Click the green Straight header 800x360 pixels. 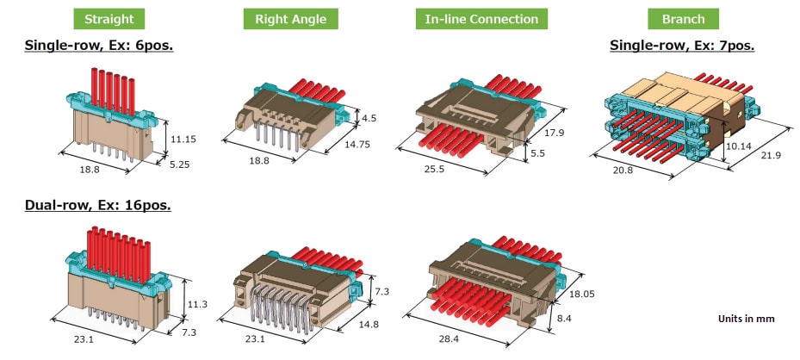(109, 19)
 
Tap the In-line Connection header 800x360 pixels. (481, 19)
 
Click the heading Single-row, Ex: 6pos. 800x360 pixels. (99, 45)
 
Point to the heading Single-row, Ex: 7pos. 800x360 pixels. (682, 45)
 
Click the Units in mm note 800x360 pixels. (746, 319)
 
